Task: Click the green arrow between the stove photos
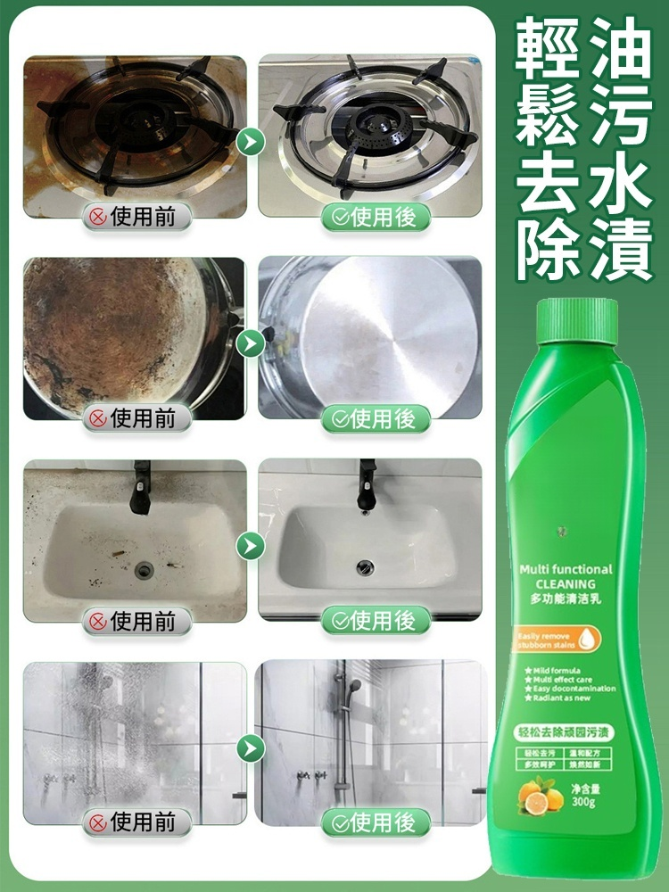coord(252,141)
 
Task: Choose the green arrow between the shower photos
coord(252,747)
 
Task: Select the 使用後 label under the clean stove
coord(375,216)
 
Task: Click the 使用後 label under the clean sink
coord(375,619)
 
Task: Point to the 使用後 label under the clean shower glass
coord(375,822)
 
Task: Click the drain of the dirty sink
coord(144,568)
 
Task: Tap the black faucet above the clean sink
coord(367,482)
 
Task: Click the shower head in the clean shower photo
coord(354,687)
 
